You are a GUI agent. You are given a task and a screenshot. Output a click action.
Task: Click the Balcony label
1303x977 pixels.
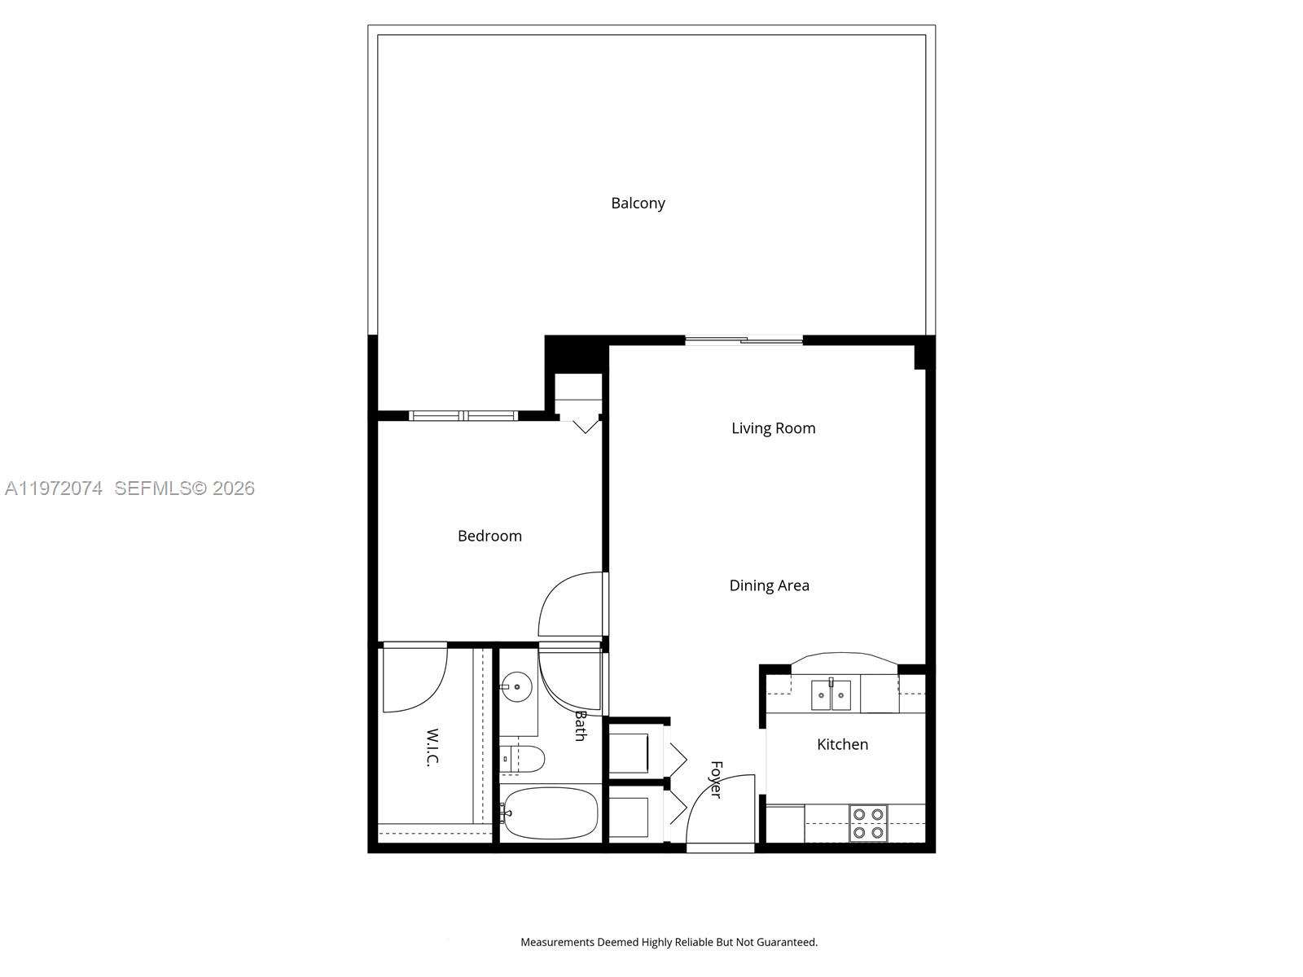click(638, 203)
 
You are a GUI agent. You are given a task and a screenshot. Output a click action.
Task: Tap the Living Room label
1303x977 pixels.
click(773, 428)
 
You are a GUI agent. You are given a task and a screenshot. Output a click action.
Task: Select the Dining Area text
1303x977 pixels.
click(769, 585)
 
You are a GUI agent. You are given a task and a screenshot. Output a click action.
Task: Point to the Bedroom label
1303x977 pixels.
click(489, 536)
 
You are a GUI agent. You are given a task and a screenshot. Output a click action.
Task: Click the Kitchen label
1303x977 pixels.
click(842, 744)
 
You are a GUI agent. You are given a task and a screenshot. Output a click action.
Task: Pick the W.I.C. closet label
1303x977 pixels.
click(432, 747)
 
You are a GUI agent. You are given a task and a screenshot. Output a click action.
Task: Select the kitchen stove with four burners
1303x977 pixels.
click(868, 823)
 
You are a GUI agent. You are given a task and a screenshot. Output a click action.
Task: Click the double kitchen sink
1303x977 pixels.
click(831, 695)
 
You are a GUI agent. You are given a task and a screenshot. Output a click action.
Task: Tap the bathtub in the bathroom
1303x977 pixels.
click(550, 813)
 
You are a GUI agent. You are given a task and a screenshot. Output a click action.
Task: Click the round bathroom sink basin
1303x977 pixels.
click(516, 687)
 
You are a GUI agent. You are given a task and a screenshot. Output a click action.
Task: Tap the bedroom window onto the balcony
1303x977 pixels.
click(463, 416)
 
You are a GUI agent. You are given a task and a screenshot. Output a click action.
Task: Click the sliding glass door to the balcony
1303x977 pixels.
click(744, 340)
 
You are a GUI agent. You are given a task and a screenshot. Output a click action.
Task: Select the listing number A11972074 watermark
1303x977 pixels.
click(54, 488)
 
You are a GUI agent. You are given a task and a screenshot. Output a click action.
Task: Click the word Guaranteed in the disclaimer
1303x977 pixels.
click(786, 942)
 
